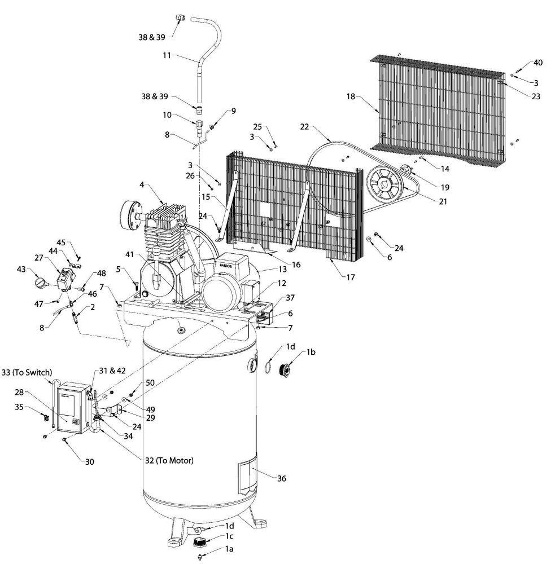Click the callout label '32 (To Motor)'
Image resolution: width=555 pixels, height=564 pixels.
tap(169, 460)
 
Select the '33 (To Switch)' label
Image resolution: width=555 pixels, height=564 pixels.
tap(27, 372)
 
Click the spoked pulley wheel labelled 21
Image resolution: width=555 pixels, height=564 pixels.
tap(384, 184)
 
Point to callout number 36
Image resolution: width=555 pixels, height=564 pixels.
tap(281, 478)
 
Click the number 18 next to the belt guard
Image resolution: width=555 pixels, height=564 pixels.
tap(351, 96)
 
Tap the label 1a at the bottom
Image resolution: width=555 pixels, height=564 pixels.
tap(229, 549)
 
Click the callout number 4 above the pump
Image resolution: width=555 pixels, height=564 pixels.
tap(142, 184)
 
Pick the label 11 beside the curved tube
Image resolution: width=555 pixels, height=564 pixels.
tap(167, 55)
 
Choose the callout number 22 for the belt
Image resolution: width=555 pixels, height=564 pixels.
tap(304, 126)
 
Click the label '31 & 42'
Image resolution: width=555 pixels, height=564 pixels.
tap(112, 371)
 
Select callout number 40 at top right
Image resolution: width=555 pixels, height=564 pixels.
tap(537, 63)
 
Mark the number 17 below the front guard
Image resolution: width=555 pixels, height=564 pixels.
tap(351, 277)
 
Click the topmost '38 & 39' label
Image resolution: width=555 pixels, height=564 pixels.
tap(152, 37)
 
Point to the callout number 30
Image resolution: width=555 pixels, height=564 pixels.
tap(90, 461)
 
